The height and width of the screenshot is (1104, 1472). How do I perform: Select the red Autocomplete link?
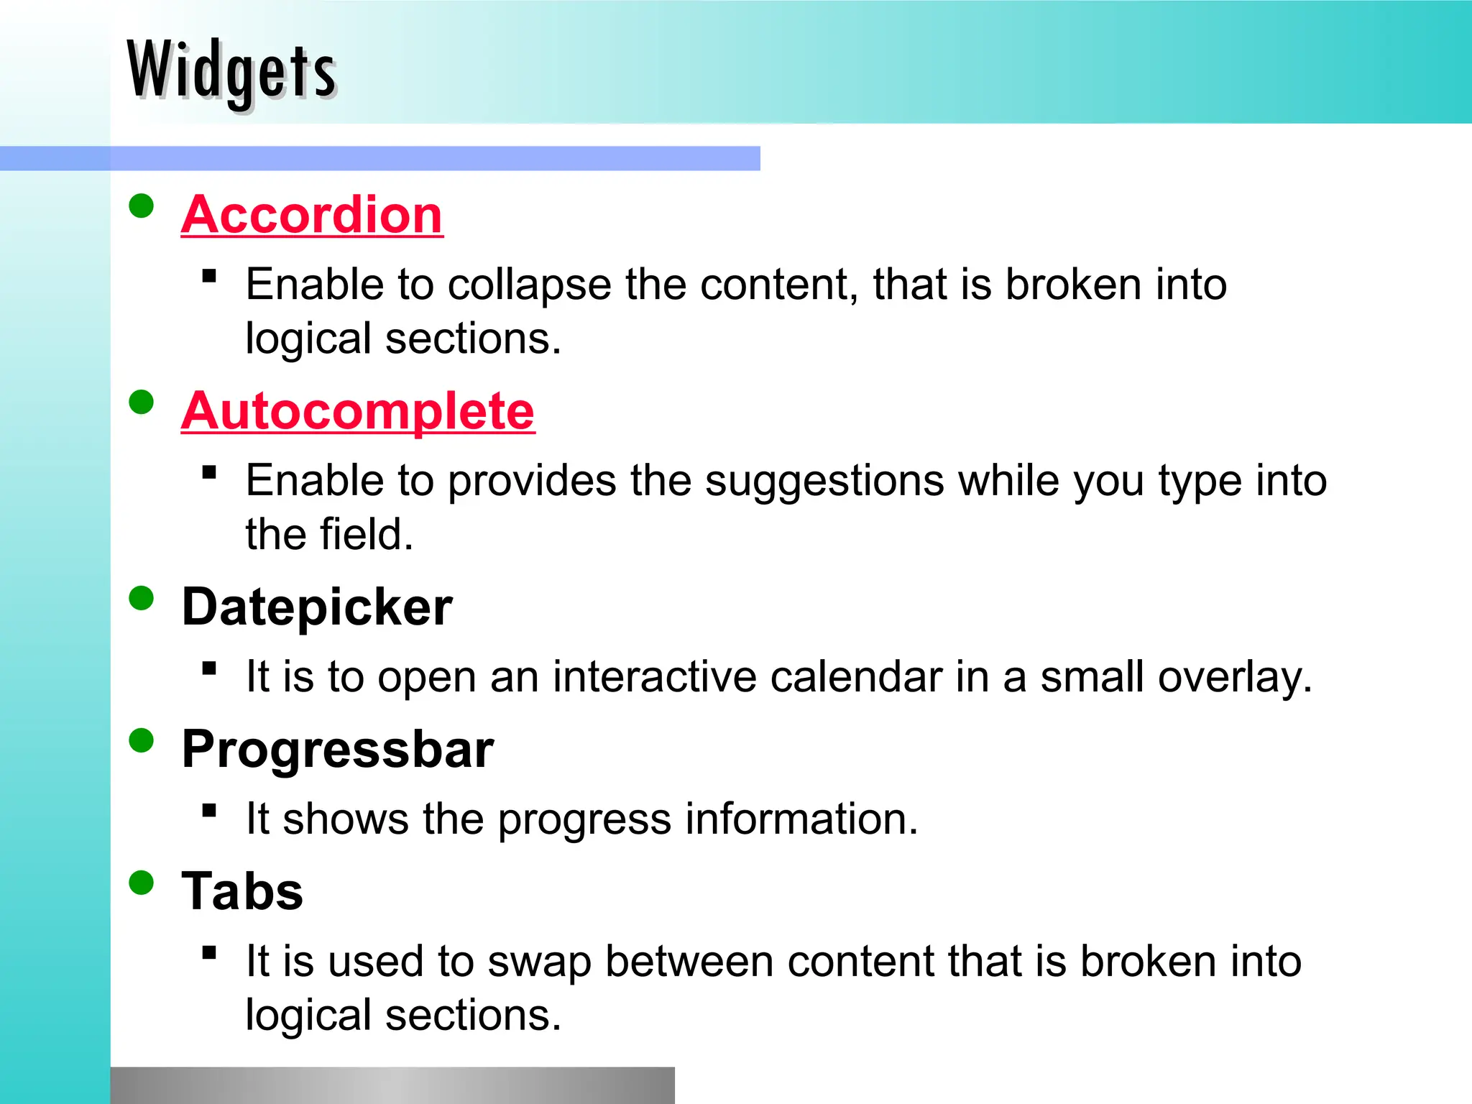click(x=358, y=410)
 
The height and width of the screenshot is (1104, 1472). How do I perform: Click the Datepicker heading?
click(x=317, y=607)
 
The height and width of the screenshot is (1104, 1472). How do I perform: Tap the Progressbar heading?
click(x=338, y=750)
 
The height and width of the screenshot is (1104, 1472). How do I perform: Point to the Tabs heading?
click(x=242, y=891)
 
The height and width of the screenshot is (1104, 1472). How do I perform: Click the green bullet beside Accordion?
click(x=142, y=206)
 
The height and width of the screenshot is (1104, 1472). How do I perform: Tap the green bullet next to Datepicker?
click(x=142, y=598)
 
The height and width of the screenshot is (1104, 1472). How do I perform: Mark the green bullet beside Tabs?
click(x=142, y=883)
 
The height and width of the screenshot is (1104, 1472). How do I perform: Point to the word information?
click(x=801, y=819)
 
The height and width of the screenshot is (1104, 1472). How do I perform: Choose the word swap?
click(x=539, y=962)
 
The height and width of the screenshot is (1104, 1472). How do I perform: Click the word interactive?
click(x=654, y=677)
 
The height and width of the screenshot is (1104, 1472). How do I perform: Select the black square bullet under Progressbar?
click(x=209, y=811)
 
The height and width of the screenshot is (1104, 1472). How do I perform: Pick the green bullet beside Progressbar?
click(x=142, y=740)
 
